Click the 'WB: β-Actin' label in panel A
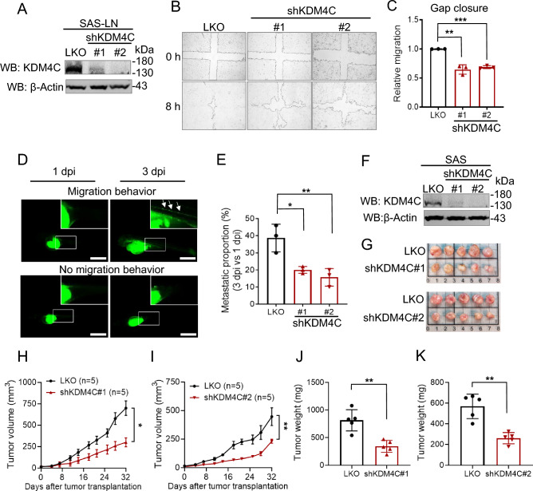(38, 85)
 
